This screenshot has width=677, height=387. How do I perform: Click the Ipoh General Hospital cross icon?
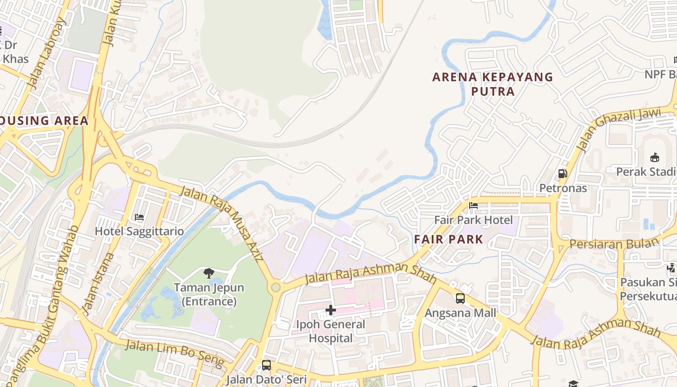(x=331, y=310)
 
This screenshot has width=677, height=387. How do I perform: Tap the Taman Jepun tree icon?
(x=209, y=274)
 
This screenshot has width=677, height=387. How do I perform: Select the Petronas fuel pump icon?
(x=562, y=173)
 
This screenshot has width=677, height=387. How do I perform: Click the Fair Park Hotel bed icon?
(x=473, y=206)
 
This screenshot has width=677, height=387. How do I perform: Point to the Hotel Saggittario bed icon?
(x=139, y=217)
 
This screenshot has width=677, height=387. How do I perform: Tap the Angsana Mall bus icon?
(x=460, y=298)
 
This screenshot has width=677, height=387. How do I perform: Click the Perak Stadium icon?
(x=655, y=157)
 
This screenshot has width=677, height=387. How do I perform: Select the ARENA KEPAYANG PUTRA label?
(x=492, y=84)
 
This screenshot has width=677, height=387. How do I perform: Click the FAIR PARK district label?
(x=449, y=239)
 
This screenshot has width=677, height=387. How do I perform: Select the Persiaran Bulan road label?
(x=614, y=243)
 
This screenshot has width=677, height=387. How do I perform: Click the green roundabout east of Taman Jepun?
(x=276, y=287)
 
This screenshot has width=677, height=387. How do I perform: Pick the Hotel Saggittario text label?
(x=139, y=231)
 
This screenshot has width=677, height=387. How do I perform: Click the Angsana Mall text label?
(x=460, y=313)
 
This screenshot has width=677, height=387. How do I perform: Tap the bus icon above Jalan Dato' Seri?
(x=266, y=365)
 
